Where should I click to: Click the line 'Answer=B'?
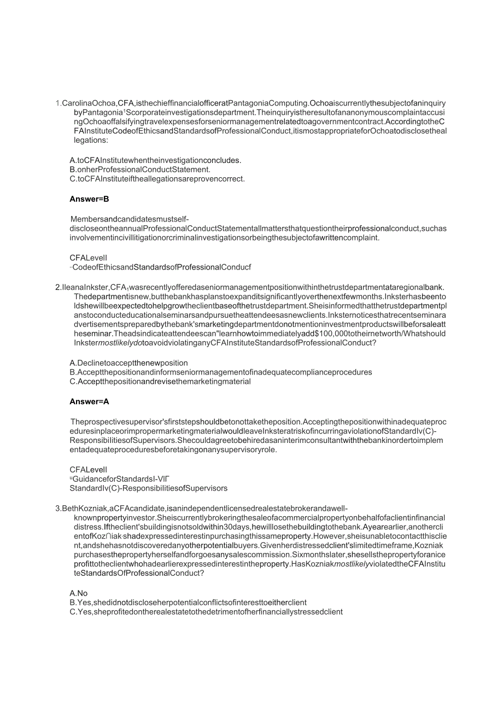pyautogui.click(x=89, y=199)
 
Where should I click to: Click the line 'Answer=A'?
pyautogui.click(x=89, y=401)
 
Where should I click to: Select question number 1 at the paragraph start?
pyautogui.click(x=58, y=103)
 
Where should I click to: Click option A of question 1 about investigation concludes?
pyautogui.click(x=155, y=160)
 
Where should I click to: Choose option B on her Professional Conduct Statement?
pyautogui.click(x=140, y=170)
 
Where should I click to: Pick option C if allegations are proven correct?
pyautogui.click(x=157, y=179)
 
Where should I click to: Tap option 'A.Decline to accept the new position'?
pyautogui.click(x=128, y=363)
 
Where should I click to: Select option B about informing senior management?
pyautogui.click(x=220, y=372)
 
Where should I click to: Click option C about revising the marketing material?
pyautogui.click(x=160, y=381)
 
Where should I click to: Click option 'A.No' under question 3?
pyautogui.click(x=78, y=593)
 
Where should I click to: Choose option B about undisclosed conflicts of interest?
pyautogui.click(x=188, y=603)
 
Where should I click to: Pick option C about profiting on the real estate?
pyautogui.click(x=206, y=612)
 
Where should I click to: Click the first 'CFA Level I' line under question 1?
pyautogui.click(x=88, y=258)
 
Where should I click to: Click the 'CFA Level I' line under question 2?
pyautogui.click(x=88, y=469)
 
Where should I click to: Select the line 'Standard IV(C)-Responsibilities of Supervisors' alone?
pyautogui.click(x=148, y=488)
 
